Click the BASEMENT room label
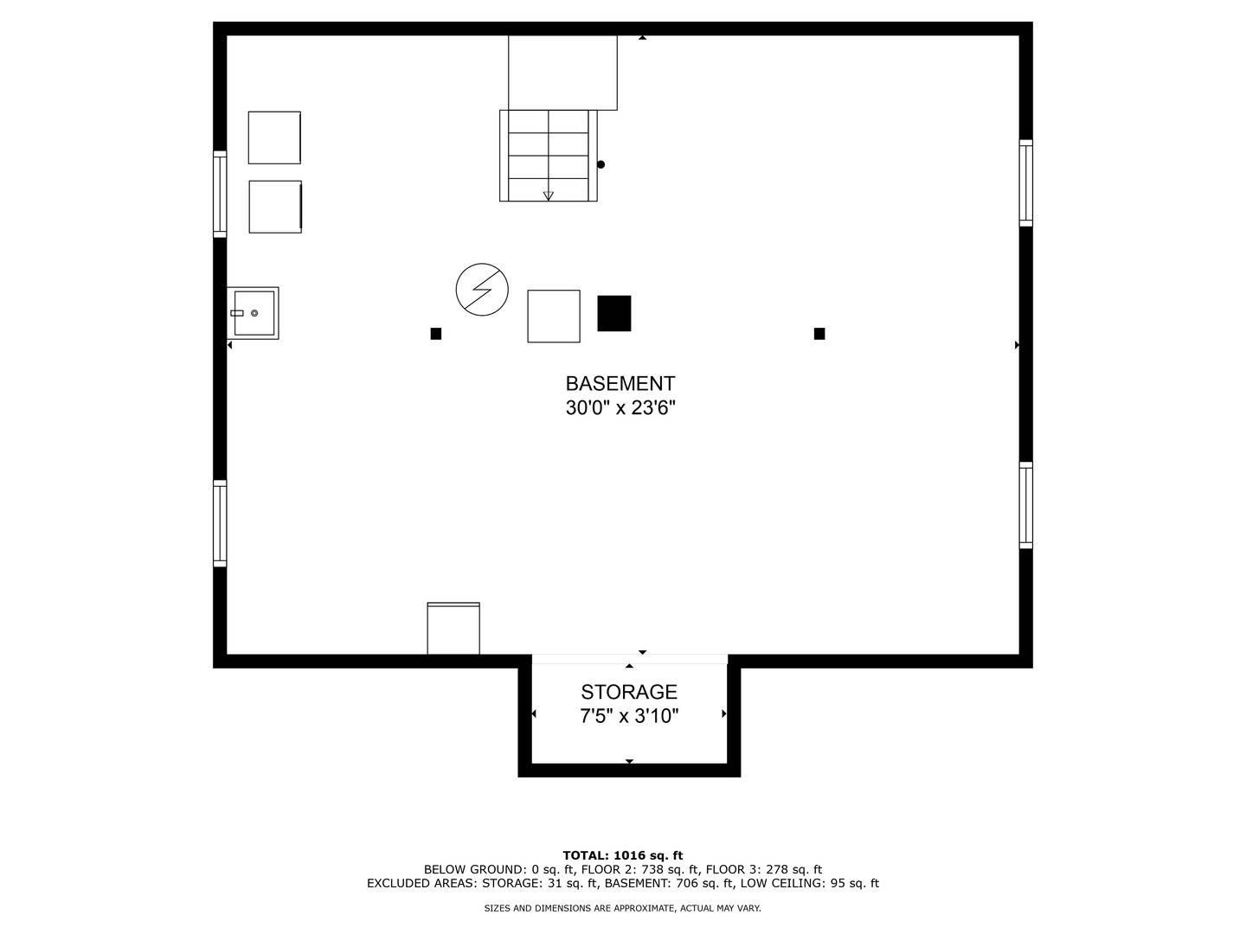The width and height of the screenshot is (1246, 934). coord(620,384)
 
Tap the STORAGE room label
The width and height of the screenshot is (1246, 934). coord(629,692)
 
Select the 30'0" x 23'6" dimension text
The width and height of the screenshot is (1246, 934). coord(620,407)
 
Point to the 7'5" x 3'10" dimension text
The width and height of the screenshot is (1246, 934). coord(629,716)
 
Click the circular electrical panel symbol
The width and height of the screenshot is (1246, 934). coord(482,289)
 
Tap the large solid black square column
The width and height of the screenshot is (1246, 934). coord(614,313)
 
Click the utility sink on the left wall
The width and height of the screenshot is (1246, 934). coord(254,313)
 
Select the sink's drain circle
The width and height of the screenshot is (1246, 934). coord(254,313)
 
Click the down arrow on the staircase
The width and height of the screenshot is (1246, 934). coord(549,195)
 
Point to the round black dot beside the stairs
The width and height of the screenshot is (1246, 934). coord(601,164)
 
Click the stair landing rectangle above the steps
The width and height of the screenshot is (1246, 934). coord(562,73)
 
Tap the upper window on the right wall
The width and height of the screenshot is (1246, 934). coord(1025,183)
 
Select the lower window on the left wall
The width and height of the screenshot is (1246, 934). coord(220,523)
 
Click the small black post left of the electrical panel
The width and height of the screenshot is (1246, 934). coord(436,334)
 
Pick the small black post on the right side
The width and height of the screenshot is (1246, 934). coord(819,334)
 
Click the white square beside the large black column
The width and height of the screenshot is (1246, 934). coord(554,317)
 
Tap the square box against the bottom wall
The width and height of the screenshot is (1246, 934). coord(453,629)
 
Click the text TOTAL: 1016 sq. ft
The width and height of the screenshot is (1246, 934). coord(623,855)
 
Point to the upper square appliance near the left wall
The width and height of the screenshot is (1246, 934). coord(274,138)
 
